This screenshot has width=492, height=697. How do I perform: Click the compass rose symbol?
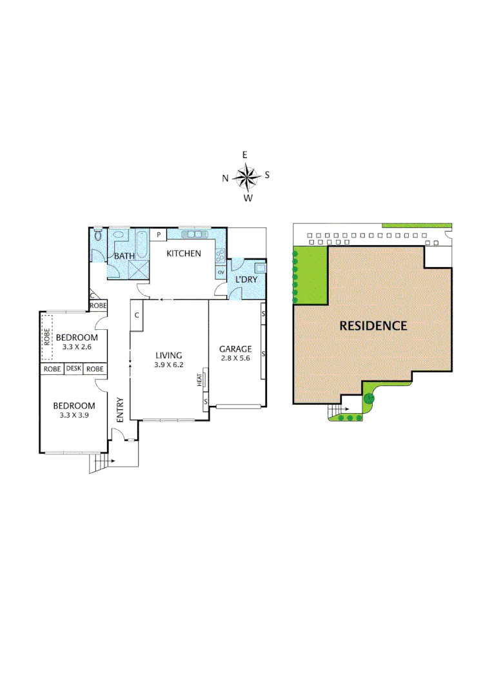[246, 176]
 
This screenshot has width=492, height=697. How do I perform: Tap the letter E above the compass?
[245, 155]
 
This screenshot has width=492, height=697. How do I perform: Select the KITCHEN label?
[184, 254]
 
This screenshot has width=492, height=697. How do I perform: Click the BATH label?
[124, 256]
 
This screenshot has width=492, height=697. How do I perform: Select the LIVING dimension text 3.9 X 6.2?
[169, 364]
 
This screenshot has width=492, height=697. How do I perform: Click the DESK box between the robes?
[74, 369]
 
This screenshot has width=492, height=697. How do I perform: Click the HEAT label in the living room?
[201, 379]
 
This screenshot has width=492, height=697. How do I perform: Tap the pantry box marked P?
[158, 235]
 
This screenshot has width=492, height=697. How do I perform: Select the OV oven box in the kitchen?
[221, 272]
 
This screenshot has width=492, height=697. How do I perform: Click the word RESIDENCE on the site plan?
[373, 326]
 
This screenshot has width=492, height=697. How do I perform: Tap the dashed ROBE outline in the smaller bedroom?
[47, 338]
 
